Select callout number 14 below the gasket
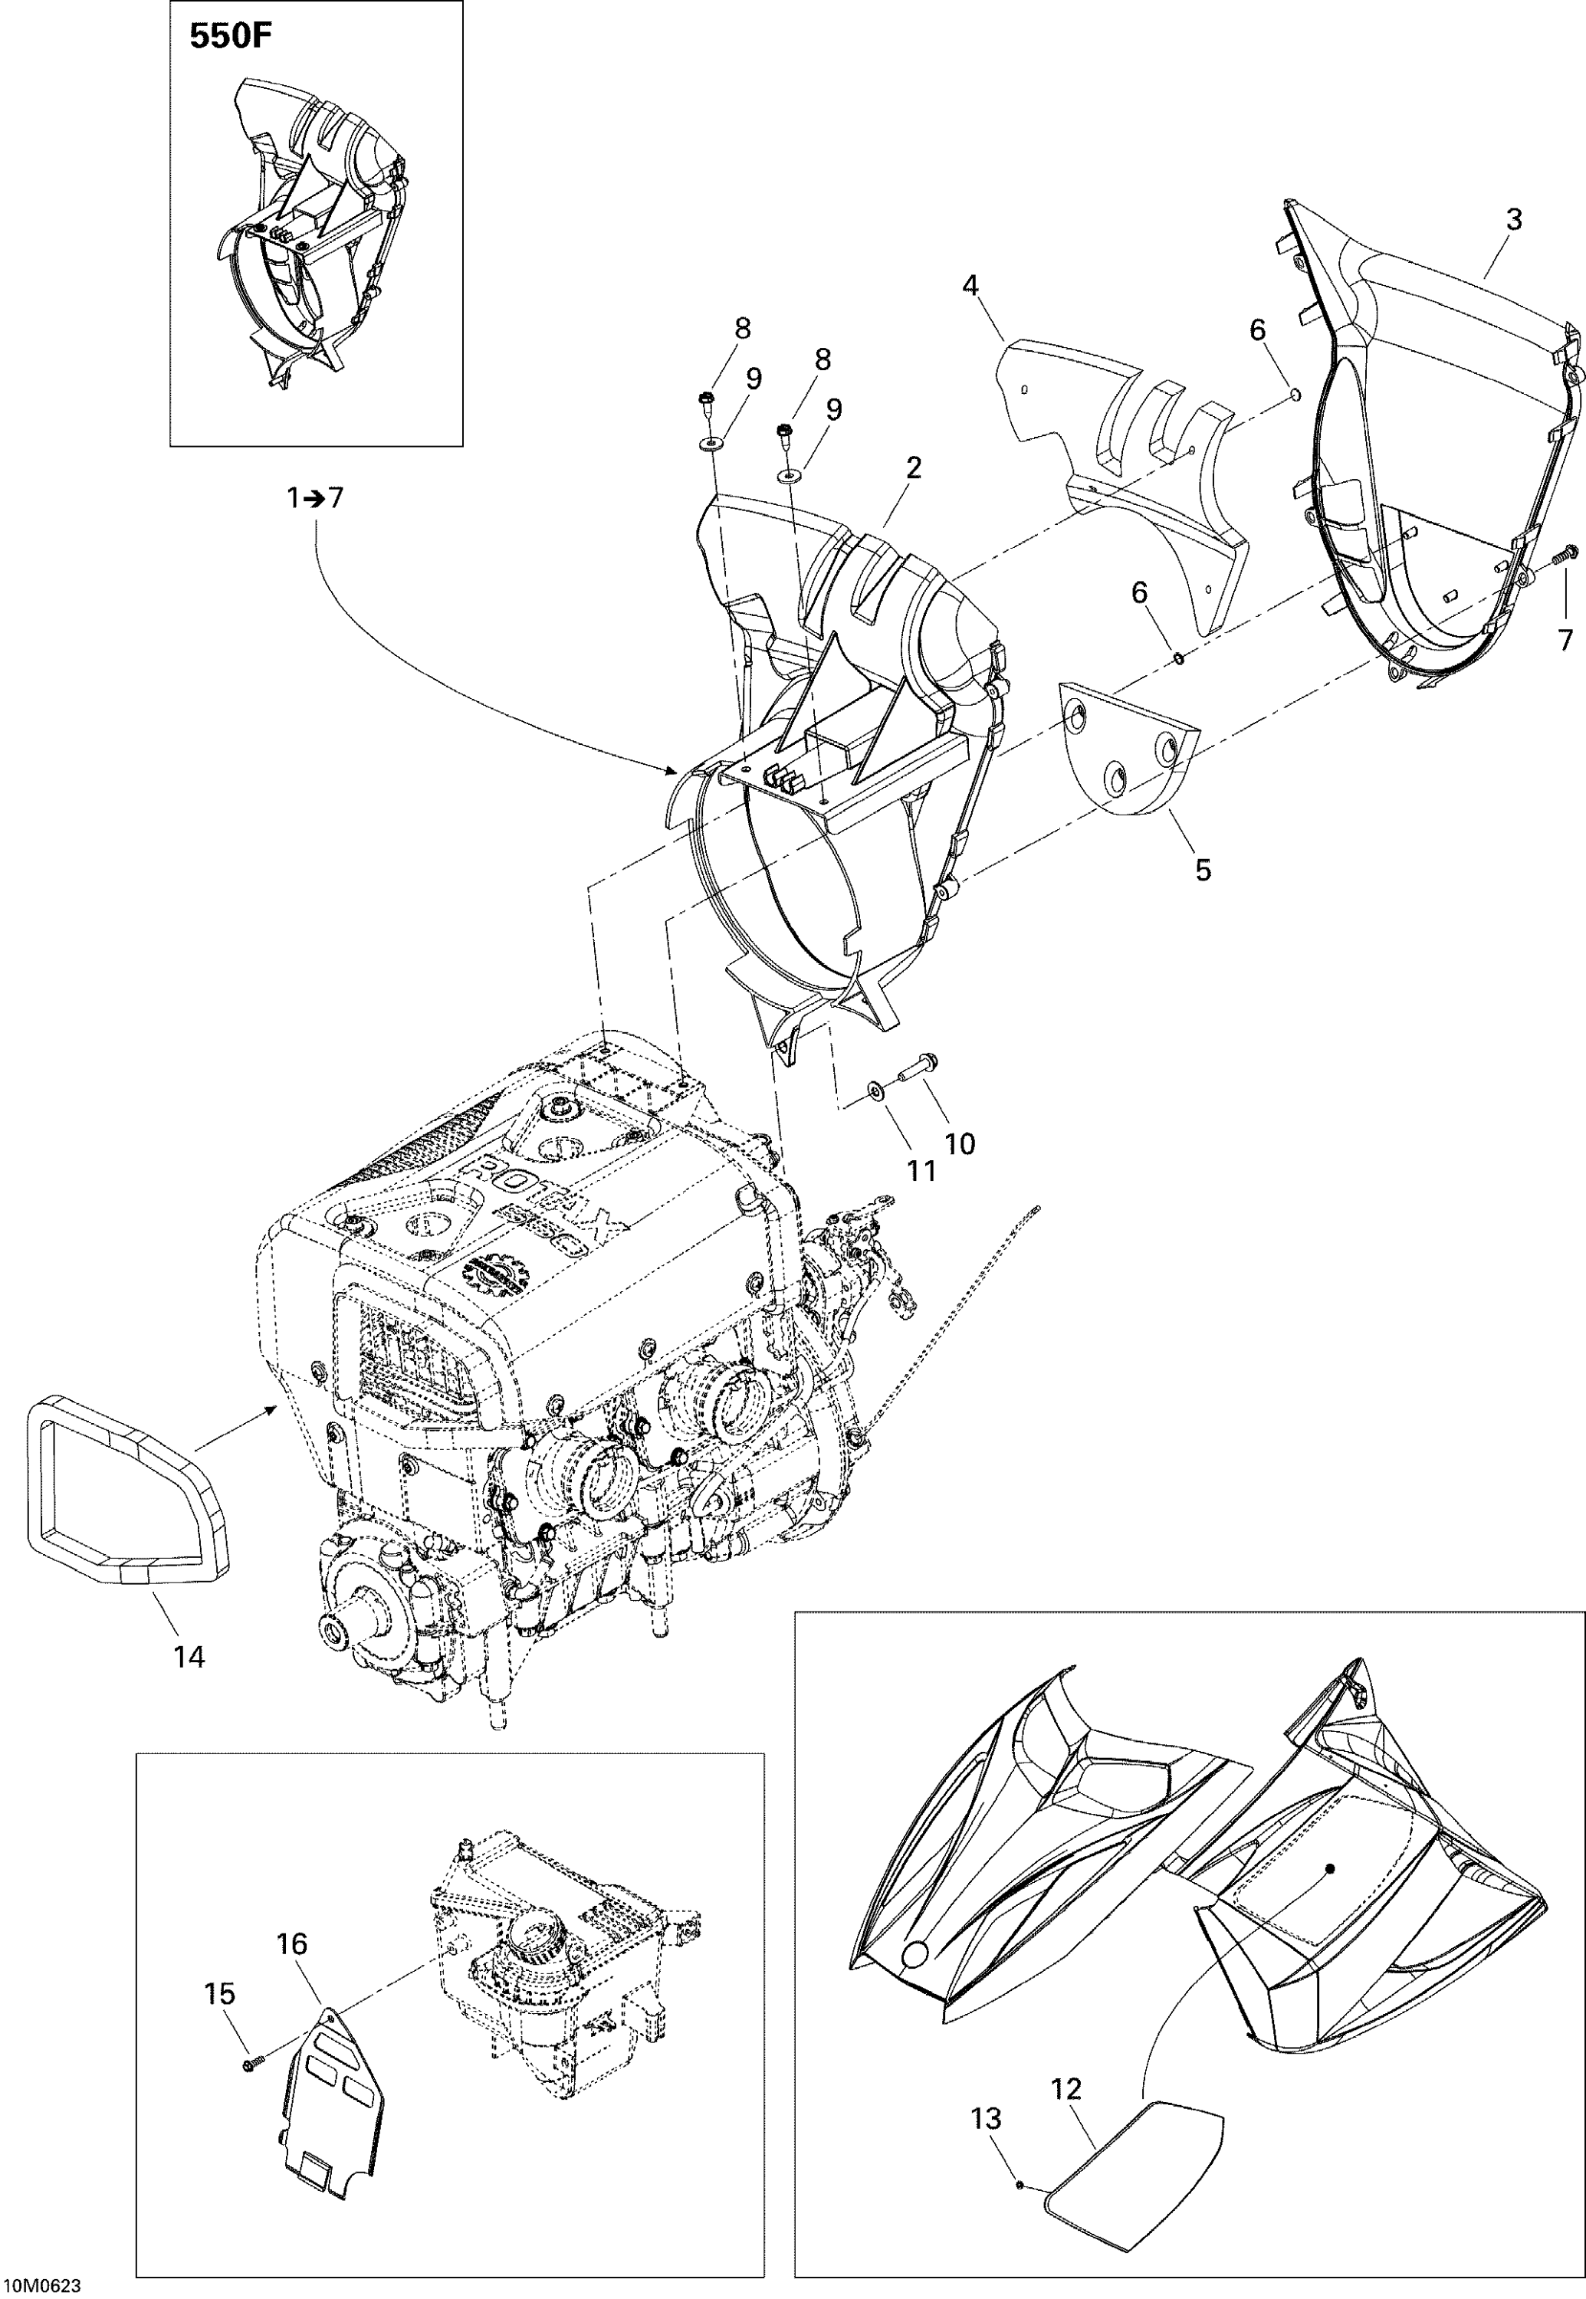coord(189,1656)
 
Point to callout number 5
coord(1203,871)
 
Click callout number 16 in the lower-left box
coord(291,1943)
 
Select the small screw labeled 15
coord(248,2065)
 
